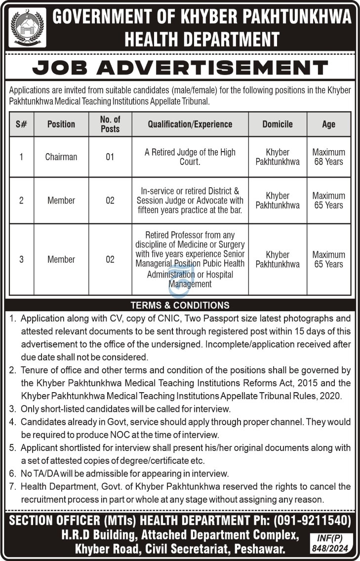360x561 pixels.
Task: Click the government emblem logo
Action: tap(27, 27)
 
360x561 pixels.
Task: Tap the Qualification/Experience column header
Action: tap(190, 124)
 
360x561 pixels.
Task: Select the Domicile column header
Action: tap(278, 124)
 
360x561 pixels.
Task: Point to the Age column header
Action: tap(328, 124)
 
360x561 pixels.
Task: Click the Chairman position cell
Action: tap(61, 157)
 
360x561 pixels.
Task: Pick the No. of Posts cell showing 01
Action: tap(110, 157)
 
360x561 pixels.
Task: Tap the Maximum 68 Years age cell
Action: tap(328, 157)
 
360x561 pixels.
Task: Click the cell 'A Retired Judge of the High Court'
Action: tap(190, 157)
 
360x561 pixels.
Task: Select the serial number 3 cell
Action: tap(21, 259)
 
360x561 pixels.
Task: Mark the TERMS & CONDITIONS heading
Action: tap(180, 305)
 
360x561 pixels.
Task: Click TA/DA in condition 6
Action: tap(48, 474)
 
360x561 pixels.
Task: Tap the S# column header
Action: tap(21, 124)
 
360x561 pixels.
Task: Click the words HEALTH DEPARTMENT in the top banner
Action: tap(202, 39)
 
